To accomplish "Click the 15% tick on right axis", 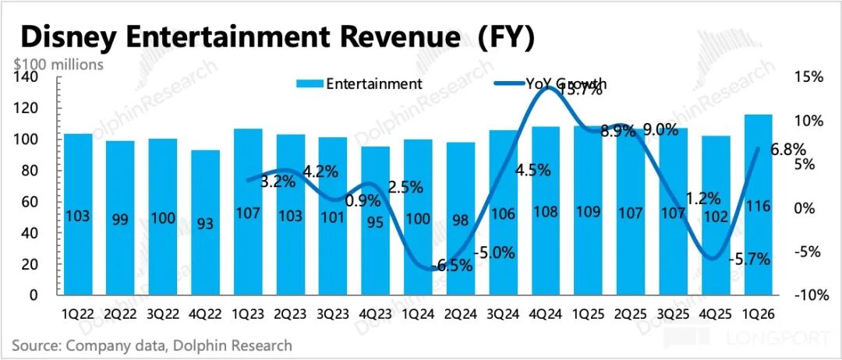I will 809,77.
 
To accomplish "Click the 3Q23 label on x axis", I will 333,315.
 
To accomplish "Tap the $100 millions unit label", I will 58,65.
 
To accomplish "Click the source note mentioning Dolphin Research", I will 152,345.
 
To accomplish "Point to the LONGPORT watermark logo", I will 756,339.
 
